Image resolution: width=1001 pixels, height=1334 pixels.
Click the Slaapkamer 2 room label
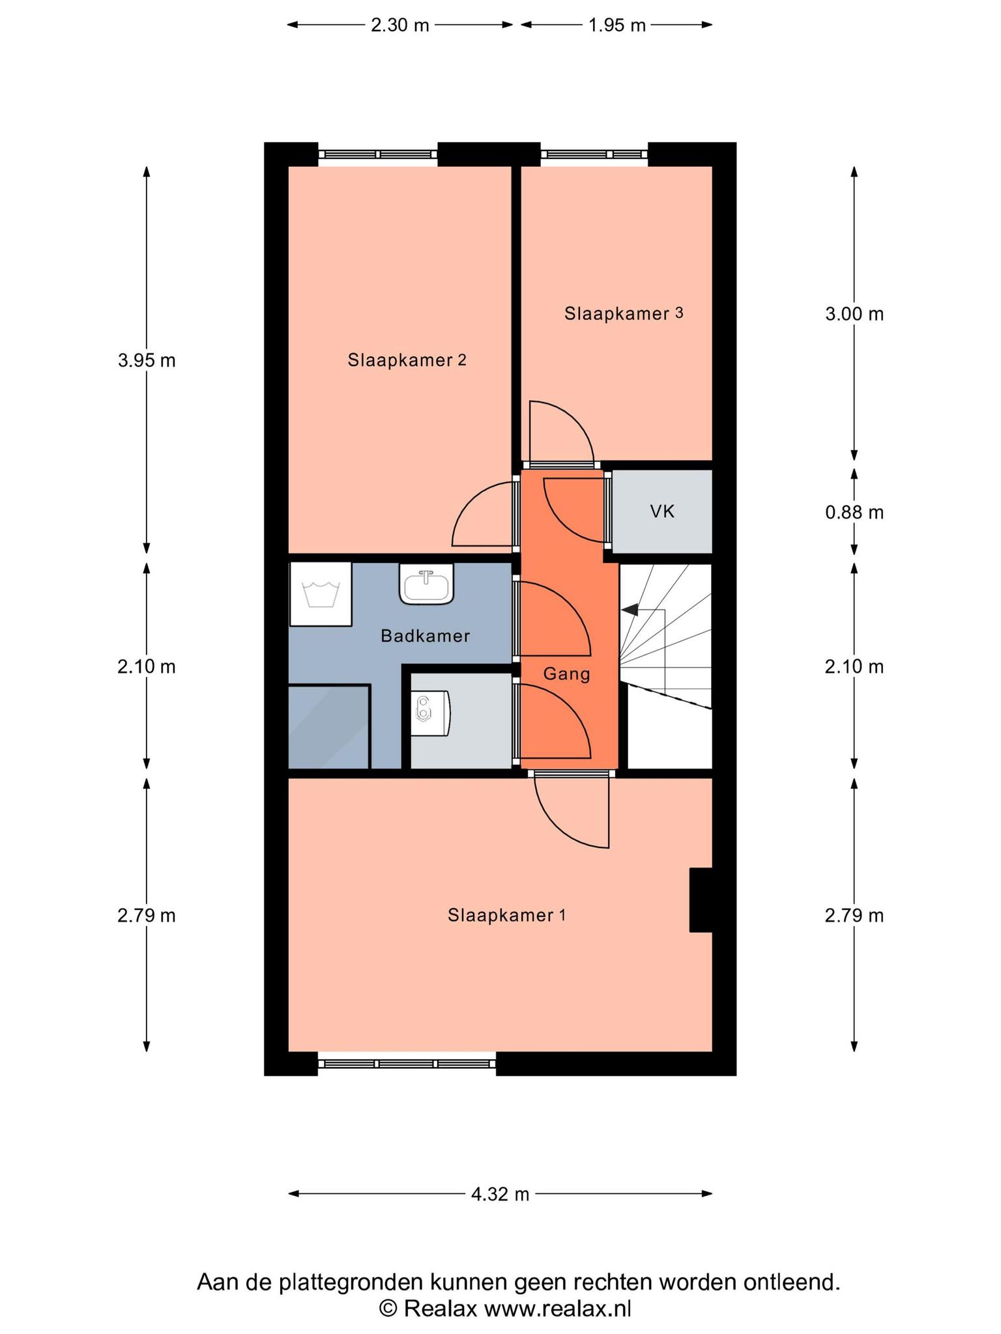click(x=407, y=360)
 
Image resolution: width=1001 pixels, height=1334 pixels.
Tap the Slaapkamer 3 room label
click(x=624, y=313)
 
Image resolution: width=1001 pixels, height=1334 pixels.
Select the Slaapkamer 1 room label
click(x=506, y=915)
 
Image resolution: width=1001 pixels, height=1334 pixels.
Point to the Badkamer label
click(x=425, y=636)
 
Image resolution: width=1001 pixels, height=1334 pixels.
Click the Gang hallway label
click(x=566, y=674)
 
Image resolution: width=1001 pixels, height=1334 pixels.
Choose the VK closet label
click(x=662, y=511)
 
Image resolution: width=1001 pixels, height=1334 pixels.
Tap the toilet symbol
click(x=431, y=713)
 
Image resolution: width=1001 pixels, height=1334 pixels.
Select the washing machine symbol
click(x=320, y=594)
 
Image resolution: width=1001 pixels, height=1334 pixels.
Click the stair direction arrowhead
click(x=630, y=610)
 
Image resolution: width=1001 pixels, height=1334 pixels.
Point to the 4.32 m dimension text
click(x=500, y=1194)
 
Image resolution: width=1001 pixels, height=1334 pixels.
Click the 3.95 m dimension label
click(x=147, y=360)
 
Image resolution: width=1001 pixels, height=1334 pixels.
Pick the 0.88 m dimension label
click(x=854, y=513)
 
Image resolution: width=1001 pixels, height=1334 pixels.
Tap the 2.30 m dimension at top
click(x=400, y=25)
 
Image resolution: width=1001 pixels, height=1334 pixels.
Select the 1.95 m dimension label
click(x=617, y=25)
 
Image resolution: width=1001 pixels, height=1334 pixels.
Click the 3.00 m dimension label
click(x=854, y=314)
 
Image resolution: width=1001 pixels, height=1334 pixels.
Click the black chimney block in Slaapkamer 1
click(x=701, y=900)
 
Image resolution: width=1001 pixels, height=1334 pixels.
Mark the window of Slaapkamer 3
click(x=594, y=154)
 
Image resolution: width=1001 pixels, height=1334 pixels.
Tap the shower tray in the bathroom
click(x=329, y=726)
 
